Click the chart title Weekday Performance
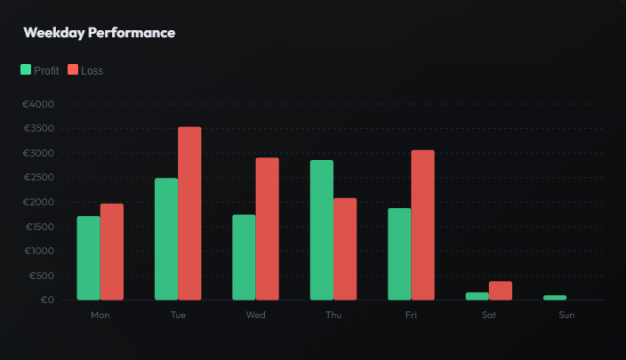tap(99, 33)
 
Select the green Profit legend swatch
tap(26, 69)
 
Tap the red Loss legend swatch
tap(73, 69)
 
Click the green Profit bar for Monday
tap(88, 258)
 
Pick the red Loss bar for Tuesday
tap(189, 213)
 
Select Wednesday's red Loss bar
tap(267, 228)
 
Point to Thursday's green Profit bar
tap(322, 229)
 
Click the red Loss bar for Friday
tap(422, 225)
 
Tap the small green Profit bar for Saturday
tap(477, 296)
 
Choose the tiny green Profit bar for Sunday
tap(555, 297)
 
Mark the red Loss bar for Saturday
tap(501, 291)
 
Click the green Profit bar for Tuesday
tap(166, 238)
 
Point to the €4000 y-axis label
tap(38, 104)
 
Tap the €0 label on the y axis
tap(46, 300)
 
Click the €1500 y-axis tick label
tap(38, 227)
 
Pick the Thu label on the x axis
tap(333, 316)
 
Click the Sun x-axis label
tap(566, 316)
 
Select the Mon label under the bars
tap(100, 316)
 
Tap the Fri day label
tap(411, 316)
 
